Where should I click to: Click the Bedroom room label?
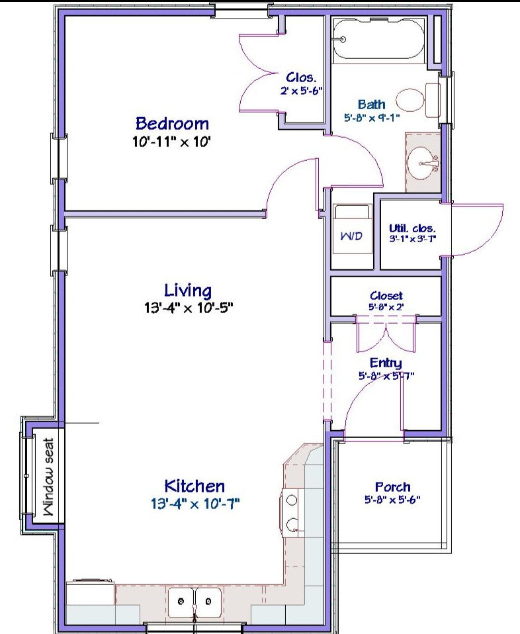[172, 123]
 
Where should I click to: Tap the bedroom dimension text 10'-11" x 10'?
[172, 142]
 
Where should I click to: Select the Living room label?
[188, 291]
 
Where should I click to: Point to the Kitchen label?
[195, 486]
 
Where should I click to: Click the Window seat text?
[48, 477]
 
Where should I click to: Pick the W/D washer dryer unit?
[351, 229]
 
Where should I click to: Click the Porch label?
[392, 487]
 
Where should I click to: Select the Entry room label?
[386, 363]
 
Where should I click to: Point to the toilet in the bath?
[417, 101]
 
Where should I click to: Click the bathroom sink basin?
[423, 163]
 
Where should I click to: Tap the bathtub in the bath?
[378, 40]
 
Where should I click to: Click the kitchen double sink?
[195, 602]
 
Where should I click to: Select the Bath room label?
[371, 105]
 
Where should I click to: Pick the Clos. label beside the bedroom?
[301, 77]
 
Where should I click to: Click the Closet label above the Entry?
[386, 296]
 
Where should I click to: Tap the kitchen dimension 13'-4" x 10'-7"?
[195, 504]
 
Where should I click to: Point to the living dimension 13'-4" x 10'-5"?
[189, 308]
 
